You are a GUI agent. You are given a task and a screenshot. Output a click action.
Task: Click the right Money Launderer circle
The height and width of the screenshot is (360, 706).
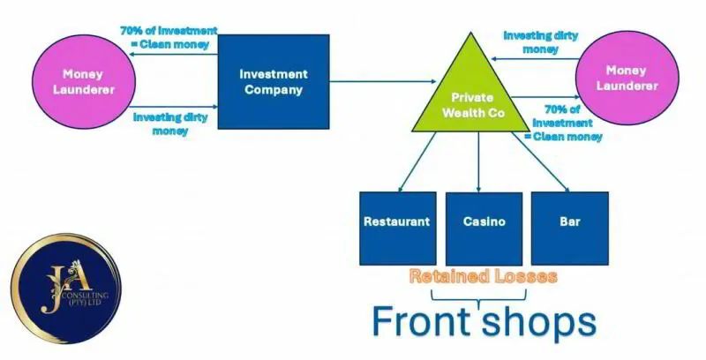coord(627,78)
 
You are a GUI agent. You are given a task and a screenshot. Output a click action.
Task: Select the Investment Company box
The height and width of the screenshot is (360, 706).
coord(274,82)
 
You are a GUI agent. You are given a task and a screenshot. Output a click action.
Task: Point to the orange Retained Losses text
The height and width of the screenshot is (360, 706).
coord(483,277)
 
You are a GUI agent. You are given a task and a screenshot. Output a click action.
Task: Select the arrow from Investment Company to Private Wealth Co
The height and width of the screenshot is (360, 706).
coord(379,82)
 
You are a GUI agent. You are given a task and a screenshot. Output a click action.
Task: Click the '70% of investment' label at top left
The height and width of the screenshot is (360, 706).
coord(169,36)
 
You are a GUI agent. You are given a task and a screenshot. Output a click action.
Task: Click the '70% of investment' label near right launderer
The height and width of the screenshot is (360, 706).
coord(563,122)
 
